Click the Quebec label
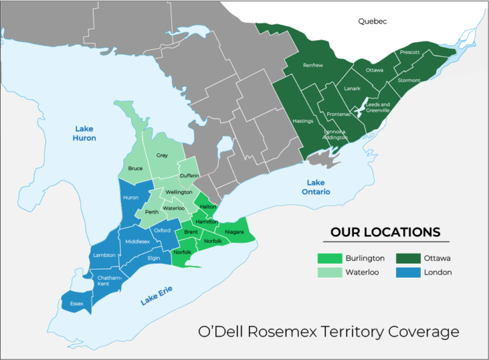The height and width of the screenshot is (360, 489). point(372,21)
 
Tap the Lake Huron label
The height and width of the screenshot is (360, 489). point(84,133)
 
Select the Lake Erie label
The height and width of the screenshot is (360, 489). point(157,296)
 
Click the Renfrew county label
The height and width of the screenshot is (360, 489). point(313,65)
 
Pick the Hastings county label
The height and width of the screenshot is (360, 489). point(302,120)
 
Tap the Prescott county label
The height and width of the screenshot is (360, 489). point(409,52)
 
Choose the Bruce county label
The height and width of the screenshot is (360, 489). point(135,168)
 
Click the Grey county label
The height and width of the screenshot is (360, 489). point(162,155)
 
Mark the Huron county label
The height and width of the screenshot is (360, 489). point(131,198)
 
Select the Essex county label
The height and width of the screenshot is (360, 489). point(76,303)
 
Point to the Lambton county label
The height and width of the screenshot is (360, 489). point(104,255)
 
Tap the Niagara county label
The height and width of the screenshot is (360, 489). point(234,232)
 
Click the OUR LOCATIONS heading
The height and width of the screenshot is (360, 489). point(385,232)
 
